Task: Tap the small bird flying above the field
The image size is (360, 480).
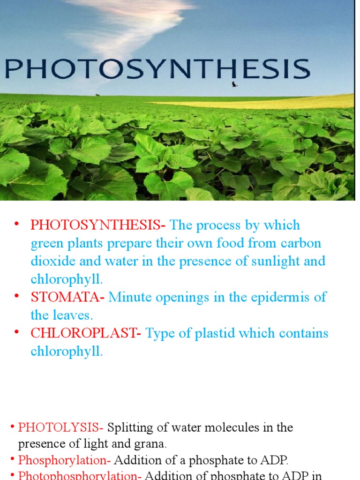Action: coord(234,84)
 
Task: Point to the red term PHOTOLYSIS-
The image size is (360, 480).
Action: coord(60,427)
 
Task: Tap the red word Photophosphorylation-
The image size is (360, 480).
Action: coord(80,475)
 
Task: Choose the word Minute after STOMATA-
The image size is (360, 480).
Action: coord(132,297)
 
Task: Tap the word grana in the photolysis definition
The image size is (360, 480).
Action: coord(150,443)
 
